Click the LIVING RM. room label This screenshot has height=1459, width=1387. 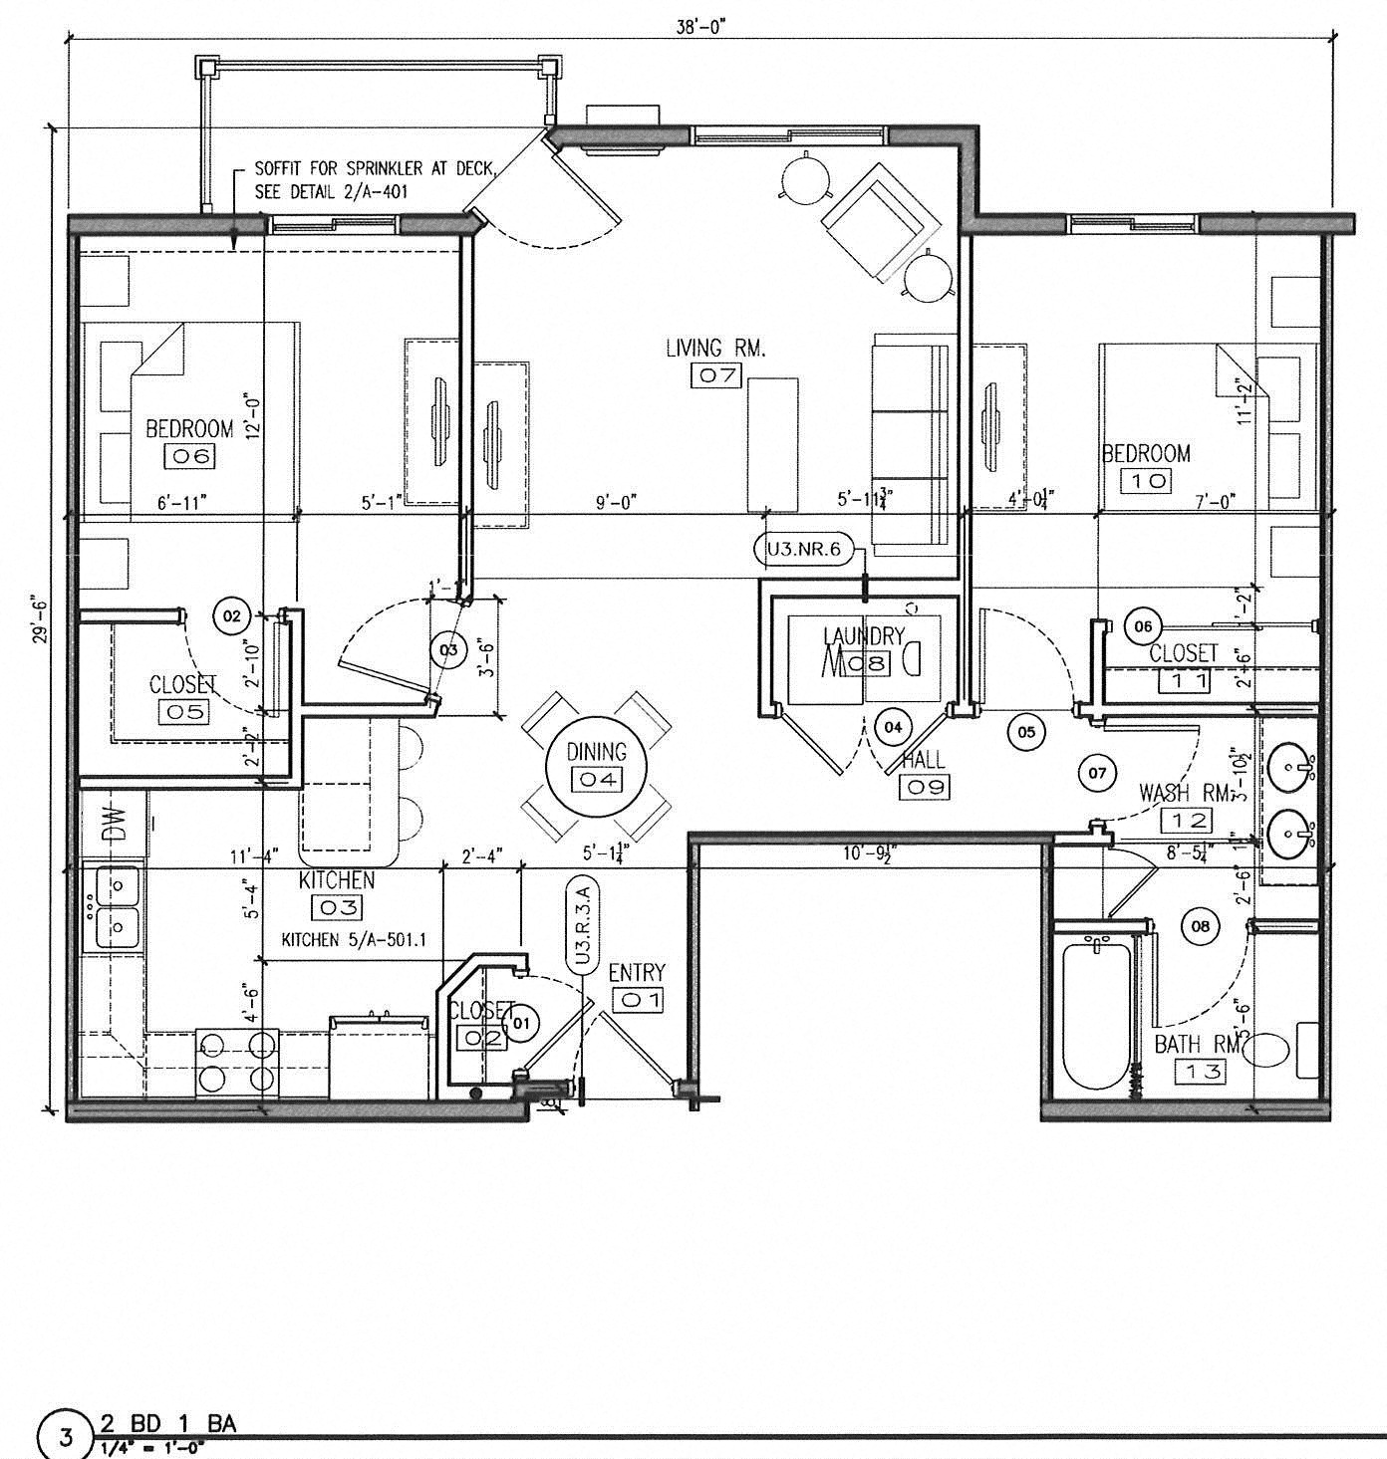(x=714, y=348)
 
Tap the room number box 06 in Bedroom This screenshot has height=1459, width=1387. (x=189, y=456)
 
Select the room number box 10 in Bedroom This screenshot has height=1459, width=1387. (x=1146, y=480)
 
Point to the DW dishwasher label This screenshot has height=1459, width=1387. (x=113, y=826)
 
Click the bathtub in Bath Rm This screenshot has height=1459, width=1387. (x=1096, y=1014)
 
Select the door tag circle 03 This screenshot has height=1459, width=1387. (x=448, y=650)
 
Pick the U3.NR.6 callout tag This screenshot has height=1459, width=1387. (x=804, y=548)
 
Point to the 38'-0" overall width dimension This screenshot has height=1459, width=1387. (x=700, y=27)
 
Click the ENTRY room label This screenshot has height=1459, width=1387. (x=637, y=972)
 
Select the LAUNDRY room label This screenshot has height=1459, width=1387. (x=864, y=635)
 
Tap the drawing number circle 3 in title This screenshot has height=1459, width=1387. (x=67, y=1437)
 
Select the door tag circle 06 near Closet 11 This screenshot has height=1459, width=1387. (x=1143, y=626)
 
